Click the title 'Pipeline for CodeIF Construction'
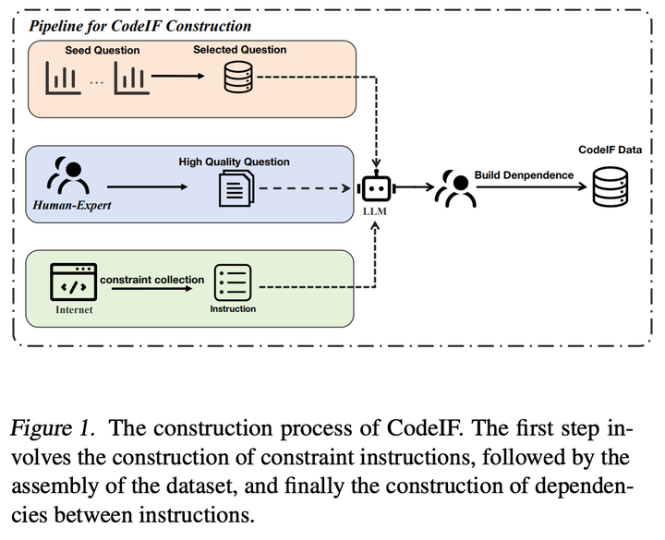(x=139, y=25)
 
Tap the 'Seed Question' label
(x=103, y=50)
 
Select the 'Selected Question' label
(x=239, y=50)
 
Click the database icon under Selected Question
(x=237, y=81)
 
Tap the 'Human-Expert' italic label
(x=72, y=205)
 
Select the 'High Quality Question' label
(x=234, y=162)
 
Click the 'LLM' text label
(x=376, y=213)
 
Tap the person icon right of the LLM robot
(x=458, y=187)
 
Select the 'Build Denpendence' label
(x=524, y=174)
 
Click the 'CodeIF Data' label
(x=610, y=149)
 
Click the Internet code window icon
(x=74, y=282)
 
